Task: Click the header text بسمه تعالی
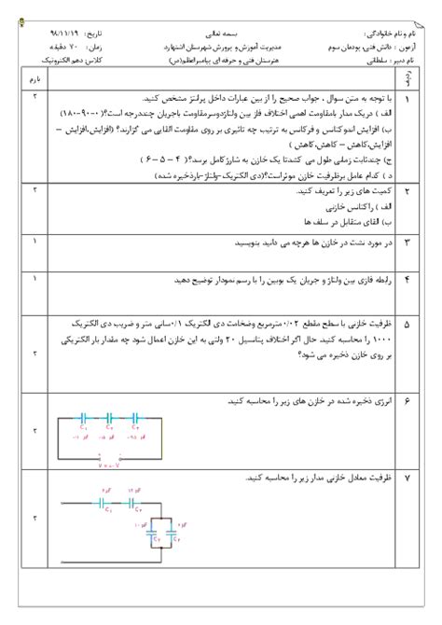pos(222,31)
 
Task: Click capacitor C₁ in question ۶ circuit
pos(84,421)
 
